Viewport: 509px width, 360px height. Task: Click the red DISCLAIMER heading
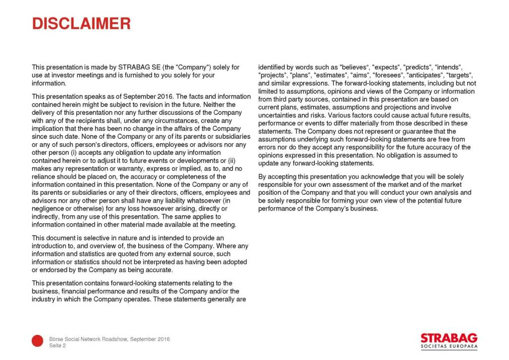click(81, 23)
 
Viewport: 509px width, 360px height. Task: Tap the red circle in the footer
click(37, 341)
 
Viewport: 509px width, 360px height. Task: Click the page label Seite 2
click(58, 346)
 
